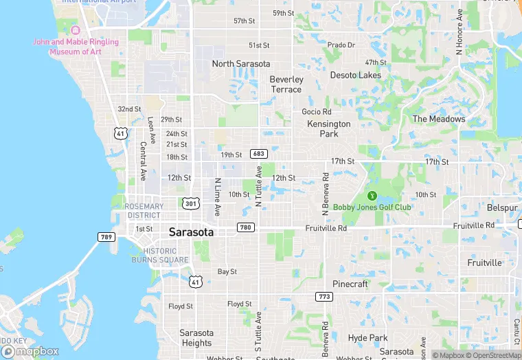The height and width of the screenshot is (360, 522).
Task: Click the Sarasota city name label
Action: pyautogui.click(x=191, y=232)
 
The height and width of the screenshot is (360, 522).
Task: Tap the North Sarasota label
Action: pyautogui.click(x=241, y=64)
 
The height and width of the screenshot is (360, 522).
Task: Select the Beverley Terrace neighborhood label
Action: pyautogui.click(x=286, y=85)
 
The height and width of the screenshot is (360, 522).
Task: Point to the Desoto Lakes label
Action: pyautogui.click(x=355, y=75)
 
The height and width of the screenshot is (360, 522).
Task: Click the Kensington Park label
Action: pyautogui.click(x=329, y=128)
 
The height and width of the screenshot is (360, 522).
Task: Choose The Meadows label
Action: pyautogui.click(x=438, y=119)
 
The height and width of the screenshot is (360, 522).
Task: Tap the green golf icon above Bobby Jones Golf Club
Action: pyautogui.click(x=373, y=196)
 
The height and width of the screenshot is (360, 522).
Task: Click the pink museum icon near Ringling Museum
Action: pyautogui.click(x=76, y=30)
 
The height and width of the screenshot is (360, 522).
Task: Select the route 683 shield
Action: pyautogui.click(x=258, y=154)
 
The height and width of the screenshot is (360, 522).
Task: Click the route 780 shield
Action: pyautogui.click(x=245, y=227)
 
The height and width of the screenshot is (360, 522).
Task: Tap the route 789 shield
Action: pyautogui.click(x=106, y=237)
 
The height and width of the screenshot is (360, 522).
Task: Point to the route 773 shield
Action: pyautogui.click(x=324, y=297)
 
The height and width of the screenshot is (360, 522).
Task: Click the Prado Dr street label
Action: pyautogui.click(x=341, y=45)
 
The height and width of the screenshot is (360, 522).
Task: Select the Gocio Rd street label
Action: pyautogui.click(x=317, y=111)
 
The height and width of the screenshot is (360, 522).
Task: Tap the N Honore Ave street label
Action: pyautogui.click(x=459, y=32)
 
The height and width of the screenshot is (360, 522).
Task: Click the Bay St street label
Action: pyautogui.click(x=227, y=272)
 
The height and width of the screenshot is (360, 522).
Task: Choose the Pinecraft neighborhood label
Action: pyautogui.click(x=350, y=284)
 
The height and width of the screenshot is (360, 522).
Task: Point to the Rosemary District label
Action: pyautogui.click(x=145, y=210)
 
